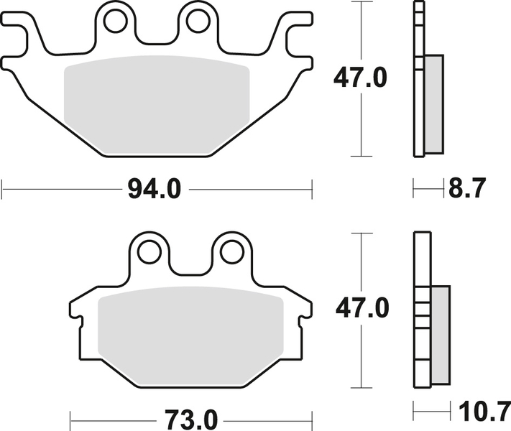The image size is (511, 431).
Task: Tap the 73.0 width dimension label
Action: [191, 417]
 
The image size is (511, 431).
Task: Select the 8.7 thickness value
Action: [467, 190]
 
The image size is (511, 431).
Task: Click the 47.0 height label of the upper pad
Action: [360, 78]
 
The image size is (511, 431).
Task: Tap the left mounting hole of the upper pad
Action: [114, 22]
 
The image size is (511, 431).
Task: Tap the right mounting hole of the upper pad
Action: [197, 22]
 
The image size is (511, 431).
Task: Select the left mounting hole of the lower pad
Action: [149, 251]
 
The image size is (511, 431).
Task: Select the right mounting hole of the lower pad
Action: [231, 251]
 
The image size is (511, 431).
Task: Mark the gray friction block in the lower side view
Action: [440, 334]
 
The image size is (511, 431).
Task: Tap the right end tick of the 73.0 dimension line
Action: [313, 417]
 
